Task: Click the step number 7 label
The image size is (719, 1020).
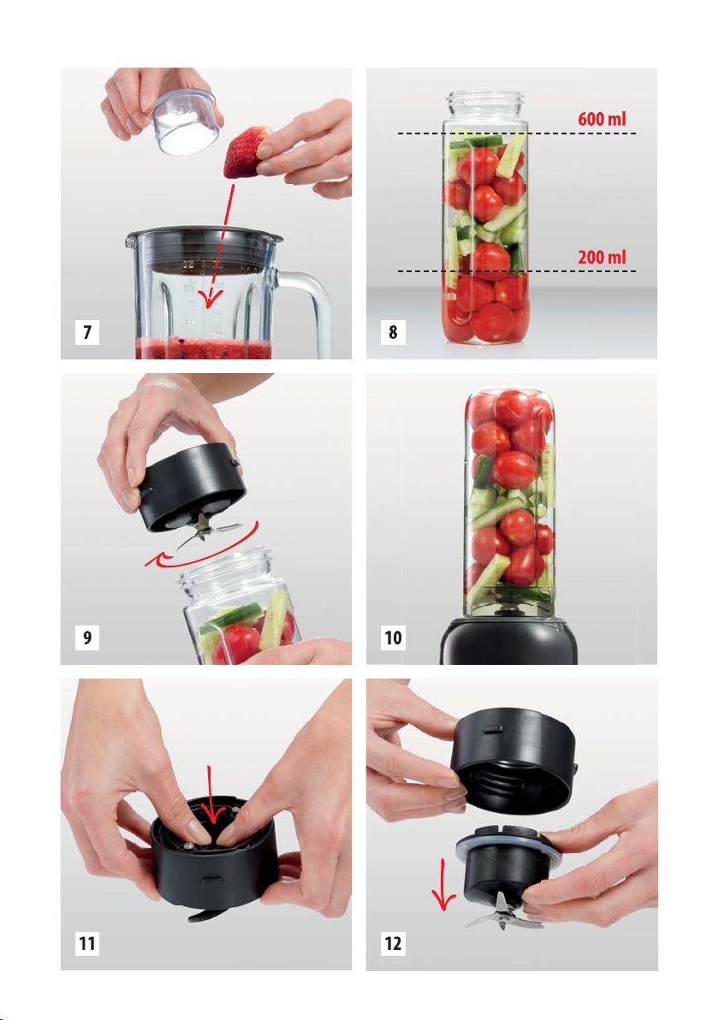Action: pos(87,332)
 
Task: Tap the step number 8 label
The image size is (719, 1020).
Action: pos(393,332)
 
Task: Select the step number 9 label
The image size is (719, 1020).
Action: pos(87,637)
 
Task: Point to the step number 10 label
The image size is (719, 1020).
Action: pos(393,637)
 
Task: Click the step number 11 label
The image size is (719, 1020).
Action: pos(87,943)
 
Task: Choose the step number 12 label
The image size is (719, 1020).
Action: pos(393,943)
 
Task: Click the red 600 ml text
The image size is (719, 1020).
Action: pos(602,119)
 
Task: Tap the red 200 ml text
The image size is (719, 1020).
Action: pos(602,257)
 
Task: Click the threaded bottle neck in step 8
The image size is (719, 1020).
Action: pos(484,105)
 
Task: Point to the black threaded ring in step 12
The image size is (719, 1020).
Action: pos(514,761)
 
